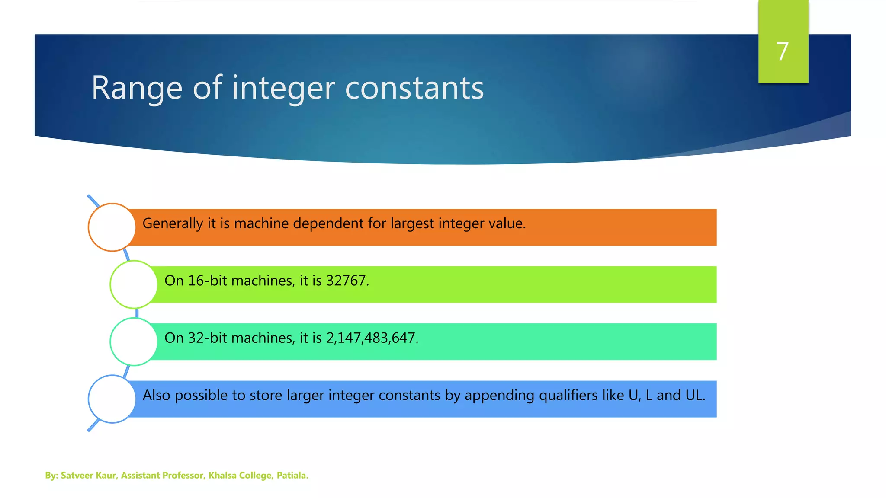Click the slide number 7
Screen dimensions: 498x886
pyautogui.click(x=783, y=51)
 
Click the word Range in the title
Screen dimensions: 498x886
pyautogui.click(x=137, y=88)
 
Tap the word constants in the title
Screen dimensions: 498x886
pyautogui.click(x=414, y=88)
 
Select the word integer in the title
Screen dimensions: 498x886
pyautogui.click(x=283, y=88)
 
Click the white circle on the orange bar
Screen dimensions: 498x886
pyautogui.click(x=112, y=227)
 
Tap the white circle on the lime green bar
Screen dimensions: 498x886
pyautogui.click(x=134, y=284)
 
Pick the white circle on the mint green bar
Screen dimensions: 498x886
pyautogui.click(x=134, y=342)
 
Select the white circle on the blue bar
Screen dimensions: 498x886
pyautogui.click(x=112, y=399)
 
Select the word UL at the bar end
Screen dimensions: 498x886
pyautogui.click(x=693, y=395)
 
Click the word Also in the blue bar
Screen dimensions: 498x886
pyautogui.click(x=157, y=395)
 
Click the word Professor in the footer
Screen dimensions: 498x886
pyautogui.click(x=182, y=476)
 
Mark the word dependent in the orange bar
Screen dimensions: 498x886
pyautogui.click(x=328, y=223)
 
